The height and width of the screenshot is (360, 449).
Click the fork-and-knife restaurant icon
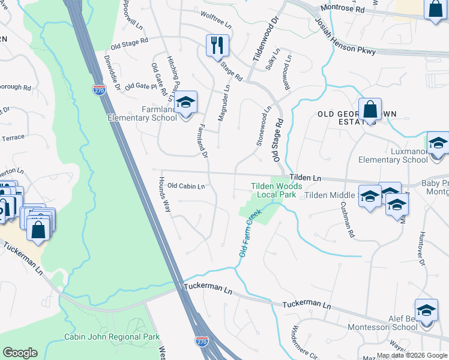point(217,45)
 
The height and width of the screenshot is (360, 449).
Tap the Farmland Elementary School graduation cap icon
point(186,101)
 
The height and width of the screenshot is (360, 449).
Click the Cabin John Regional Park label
point(112,337)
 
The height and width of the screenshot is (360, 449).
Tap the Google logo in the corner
point(20,353)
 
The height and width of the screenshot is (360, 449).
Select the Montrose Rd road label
point(342,9)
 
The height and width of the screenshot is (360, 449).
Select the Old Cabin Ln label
point(186,186)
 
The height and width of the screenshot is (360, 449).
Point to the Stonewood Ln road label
point(264,127)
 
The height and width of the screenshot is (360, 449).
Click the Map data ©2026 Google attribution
point(412,355)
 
